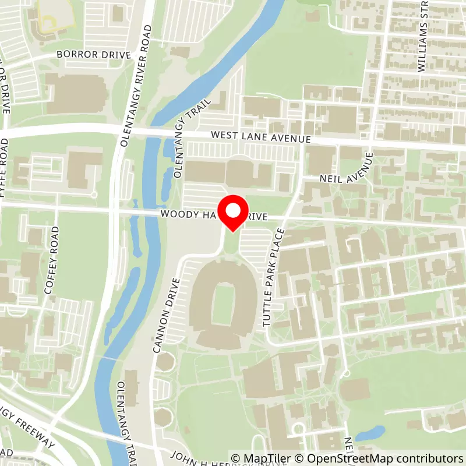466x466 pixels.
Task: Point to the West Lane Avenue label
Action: pos(261,137)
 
